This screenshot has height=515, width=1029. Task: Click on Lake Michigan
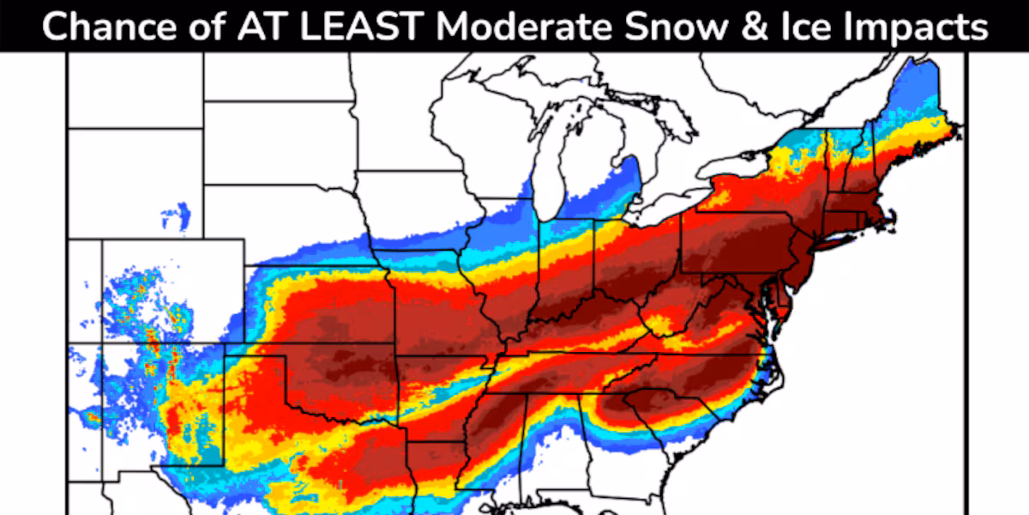click(549, 172)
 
